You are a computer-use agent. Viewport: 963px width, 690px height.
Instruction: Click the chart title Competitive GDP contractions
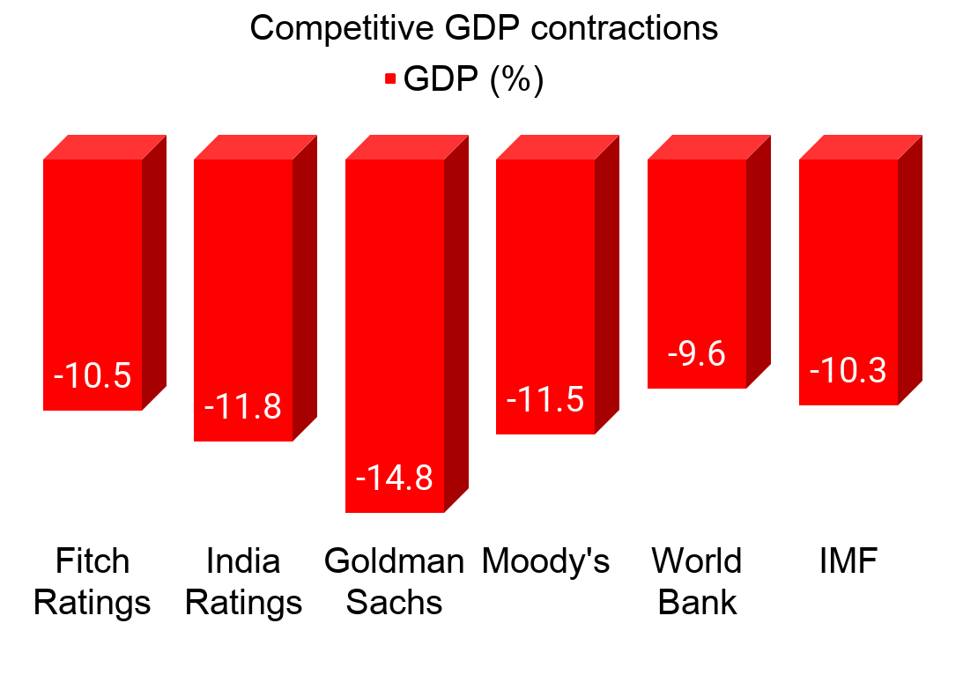click(x=484, y=28)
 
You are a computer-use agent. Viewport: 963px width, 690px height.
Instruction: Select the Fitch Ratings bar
click(x=93, y=264)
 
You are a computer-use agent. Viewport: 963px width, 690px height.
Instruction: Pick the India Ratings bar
click(x=243, y=282)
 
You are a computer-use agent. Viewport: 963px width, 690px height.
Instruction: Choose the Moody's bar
click(x=545, y=282)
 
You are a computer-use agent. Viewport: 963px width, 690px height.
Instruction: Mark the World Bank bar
click(x=697, y=256)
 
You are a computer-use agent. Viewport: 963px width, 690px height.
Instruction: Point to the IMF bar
click(x=848, y=264)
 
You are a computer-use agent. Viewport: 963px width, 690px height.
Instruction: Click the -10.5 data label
click(x=93, y=376)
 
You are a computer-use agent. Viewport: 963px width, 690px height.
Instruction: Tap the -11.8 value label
click(x=243, y=407)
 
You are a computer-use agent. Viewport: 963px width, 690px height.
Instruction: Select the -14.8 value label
click(x=395, y=479)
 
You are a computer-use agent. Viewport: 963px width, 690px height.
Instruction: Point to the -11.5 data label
click(x=545, y=400)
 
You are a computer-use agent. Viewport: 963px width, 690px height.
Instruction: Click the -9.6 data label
click(x=697, y=354)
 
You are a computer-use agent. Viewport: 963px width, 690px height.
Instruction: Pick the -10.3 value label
click(x=848, y=371)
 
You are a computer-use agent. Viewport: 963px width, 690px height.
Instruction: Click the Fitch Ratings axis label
click(x=93, y=582)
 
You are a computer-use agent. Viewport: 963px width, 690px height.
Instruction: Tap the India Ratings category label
click(x=244, y=582)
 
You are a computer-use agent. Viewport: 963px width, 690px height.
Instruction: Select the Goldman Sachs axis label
click(x=395, y=582)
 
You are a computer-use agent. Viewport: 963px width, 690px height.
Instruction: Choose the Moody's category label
click(x=545, y=561)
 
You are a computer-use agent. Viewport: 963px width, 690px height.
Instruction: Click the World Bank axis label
click(x=697, y=582)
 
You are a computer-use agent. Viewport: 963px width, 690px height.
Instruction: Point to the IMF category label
click(x=848, y=561)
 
